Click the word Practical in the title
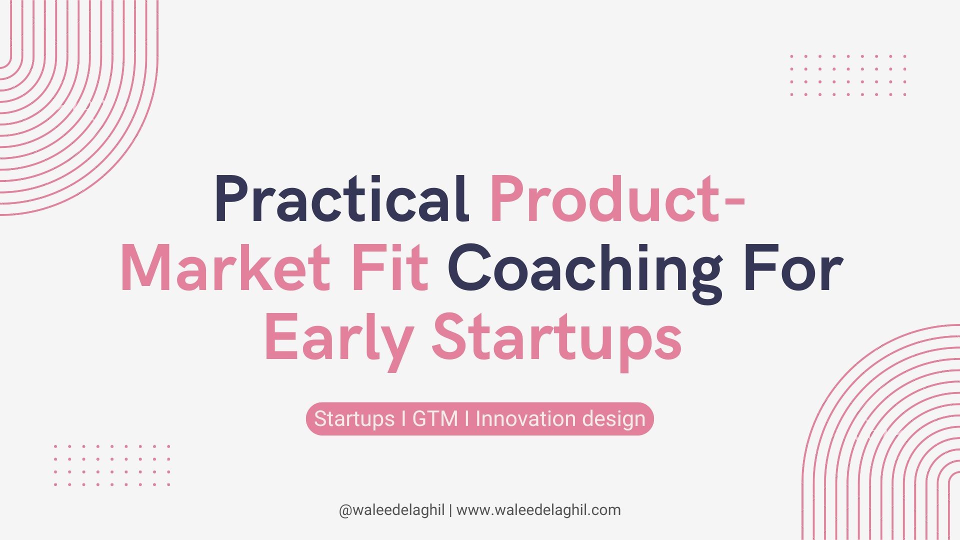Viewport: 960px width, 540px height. coord(342,198)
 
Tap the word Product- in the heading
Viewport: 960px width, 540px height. coord(618,198)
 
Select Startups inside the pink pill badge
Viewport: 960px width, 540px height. coord(354,419)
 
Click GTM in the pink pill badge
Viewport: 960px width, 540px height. coord(435,418)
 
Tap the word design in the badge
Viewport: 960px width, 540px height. coord(606,419)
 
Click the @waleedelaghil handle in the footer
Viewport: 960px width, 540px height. coord(391,510)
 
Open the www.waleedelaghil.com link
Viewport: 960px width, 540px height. coord(538,510)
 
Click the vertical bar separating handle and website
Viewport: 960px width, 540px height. coord(450,510)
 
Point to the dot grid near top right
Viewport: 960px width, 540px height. coord(848,75)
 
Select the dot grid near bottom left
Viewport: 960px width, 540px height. coord(112,465)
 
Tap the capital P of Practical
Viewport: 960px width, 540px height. coord(233,198)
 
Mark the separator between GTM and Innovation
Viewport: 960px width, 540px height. coord(467,418)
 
